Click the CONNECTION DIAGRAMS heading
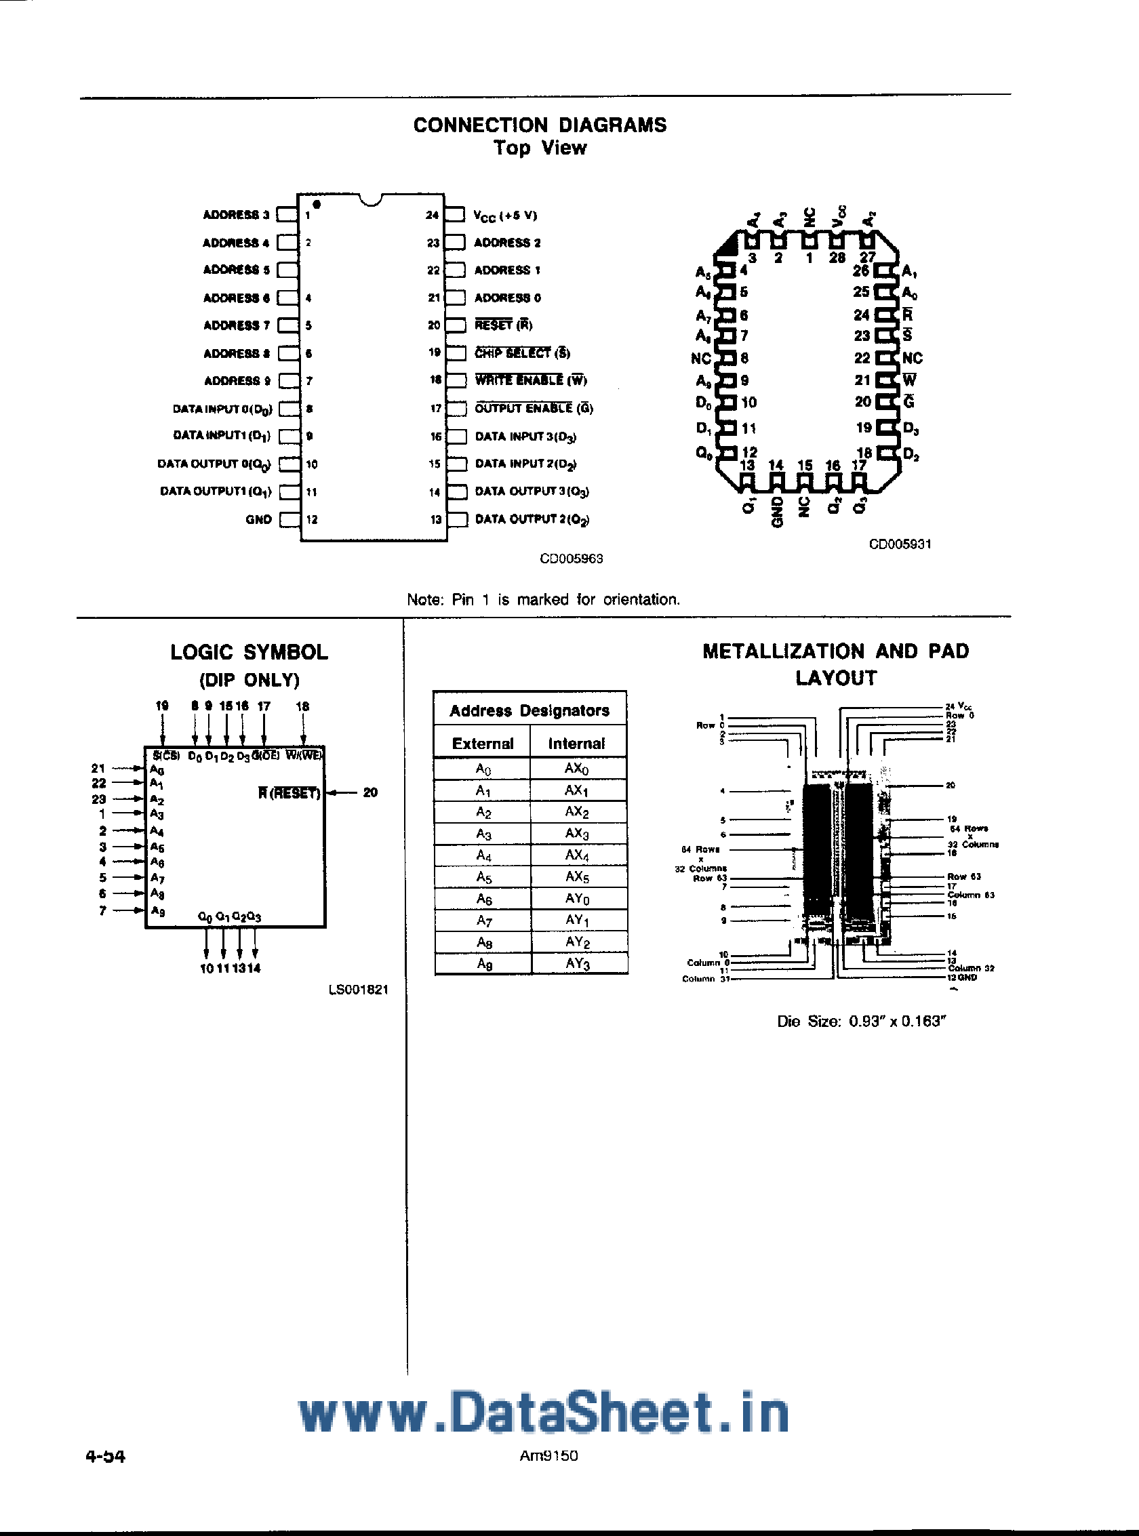[x=540, y=125]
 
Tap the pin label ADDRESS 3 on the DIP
[x=236, y=215]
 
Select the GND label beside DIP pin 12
[x=258, y=520]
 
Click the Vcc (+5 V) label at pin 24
[x=505, y=215]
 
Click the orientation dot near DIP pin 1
[x=317, y=204]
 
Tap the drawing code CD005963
[x=571, y=559]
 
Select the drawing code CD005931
[x=900, y=544]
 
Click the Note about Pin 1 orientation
[x=543, y=600]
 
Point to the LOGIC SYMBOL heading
[x=249, y=652]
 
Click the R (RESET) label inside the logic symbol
[x=289, y=793]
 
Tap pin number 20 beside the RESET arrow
[x=370, y=793]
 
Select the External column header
[x=483, y=743]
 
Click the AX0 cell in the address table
[x=576, y=769]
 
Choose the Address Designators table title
[x=529, y=710]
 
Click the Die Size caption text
[x=858, y=1021]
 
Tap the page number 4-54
[x=106, y=1456]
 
